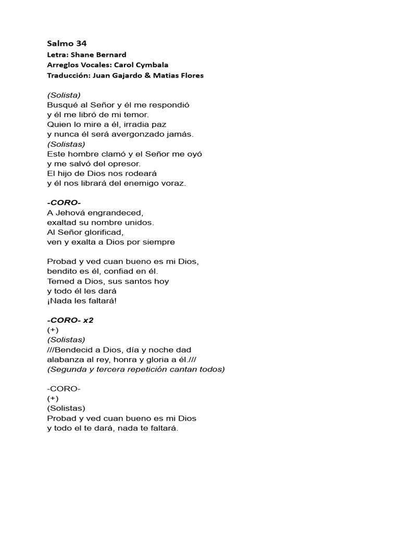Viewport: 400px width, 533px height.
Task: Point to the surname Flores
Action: (x=191, y=75)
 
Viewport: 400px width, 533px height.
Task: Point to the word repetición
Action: (x=151, y=370)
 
